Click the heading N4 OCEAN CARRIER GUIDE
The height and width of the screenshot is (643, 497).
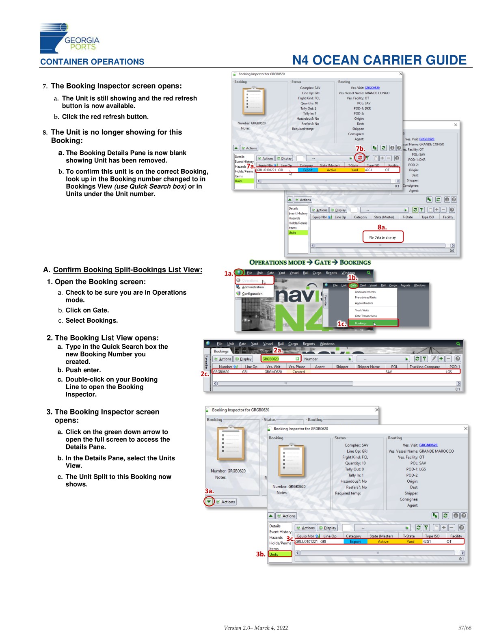(379, 60)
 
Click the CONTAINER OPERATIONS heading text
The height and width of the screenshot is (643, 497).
(92, 62)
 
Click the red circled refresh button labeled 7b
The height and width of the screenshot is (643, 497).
(359, 158)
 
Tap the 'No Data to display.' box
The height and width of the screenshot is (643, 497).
(382, 237)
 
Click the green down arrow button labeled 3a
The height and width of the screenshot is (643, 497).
(209, 502)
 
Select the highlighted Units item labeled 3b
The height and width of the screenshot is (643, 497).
(280, 554)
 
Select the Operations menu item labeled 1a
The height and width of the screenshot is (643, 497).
(254, 281)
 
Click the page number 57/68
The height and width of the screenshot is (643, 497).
(465, 628)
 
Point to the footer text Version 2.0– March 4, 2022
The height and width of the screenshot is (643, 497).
(256, 628)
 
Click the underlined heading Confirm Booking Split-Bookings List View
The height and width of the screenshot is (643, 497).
(127, 270)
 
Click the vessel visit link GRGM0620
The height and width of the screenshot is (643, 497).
(428, 445)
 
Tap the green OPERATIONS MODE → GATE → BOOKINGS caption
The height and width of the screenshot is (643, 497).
(310, 263)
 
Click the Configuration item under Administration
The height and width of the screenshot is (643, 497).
(252, 293)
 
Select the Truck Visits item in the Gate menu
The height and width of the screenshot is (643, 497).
(362, 310)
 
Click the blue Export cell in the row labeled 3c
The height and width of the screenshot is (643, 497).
(355, 542)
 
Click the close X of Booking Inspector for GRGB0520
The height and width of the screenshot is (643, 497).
(400, 74)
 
